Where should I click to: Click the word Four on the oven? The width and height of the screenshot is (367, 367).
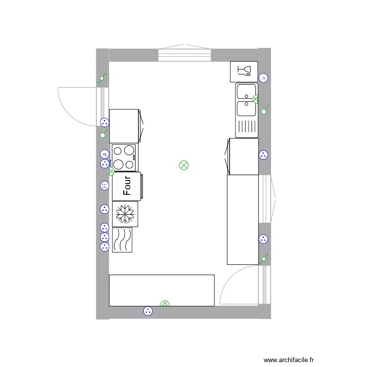[127, 186]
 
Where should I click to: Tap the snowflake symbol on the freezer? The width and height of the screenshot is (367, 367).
[125, 214]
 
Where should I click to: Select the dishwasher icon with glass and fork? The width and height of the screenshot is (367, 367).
[244, 71]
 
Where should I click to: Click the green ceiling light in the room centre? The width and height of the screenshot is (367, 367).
[183, 165]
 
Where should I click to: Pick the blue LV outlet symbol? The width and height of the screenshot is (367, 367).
[263, 78]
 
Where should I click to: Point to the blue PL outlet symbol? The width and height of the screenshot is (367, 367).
[104, 154]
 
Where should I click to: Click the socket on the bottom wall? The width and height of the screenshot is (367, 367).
[148, 311]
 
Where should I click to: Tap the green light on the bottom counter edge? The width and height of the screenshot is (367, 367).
[165, 304]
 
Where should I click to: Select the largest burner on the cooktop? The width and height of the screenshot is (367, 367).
[129, 151]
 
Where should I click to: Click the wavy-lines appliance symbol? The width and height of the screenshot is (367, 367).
[122, 240]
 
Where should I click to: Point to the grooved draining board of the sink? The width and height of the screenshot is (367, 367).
[246, 127]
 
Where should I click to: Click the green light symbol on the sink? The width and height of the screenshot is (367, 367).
[255, 99]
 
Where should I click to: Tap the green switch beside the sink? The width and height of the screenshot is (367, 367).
[264, 111]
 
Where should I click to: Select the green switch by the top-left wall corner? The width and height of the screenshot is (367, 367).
[102, 78]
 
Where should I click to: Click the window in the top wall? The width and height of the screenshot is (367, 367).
[184, 55]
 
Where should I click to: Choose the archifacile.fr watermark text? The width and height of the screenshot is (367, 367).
[289, 360]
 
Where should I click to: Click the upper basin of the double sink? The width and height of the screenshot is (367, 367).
[246, 92]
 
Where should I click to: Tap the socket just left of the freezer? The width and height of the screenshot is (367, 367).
[104, 209]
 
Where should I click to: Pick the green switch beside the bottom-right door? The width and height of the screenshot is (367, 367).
[264, 258]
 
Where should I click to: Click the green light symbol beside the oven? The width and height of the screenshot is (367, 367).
[112, 172]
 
